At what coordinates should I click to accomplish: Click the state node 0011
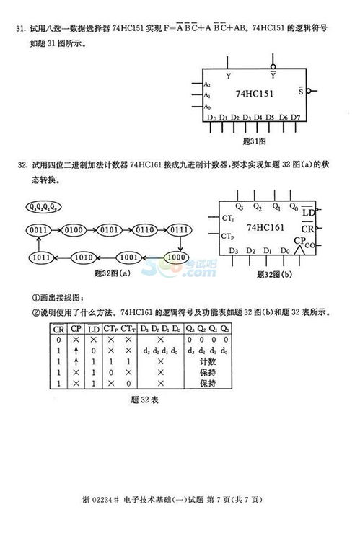coord(38,229)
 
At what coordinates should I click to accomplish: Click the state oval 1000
coord(175,255)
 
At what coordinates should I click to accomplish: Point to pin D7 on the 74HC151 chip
coord(296,117)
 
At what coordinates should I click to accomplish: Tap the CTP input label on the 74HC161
coord(229,236)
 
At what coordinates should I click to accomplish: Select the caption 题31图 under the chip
coord(255,141)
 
